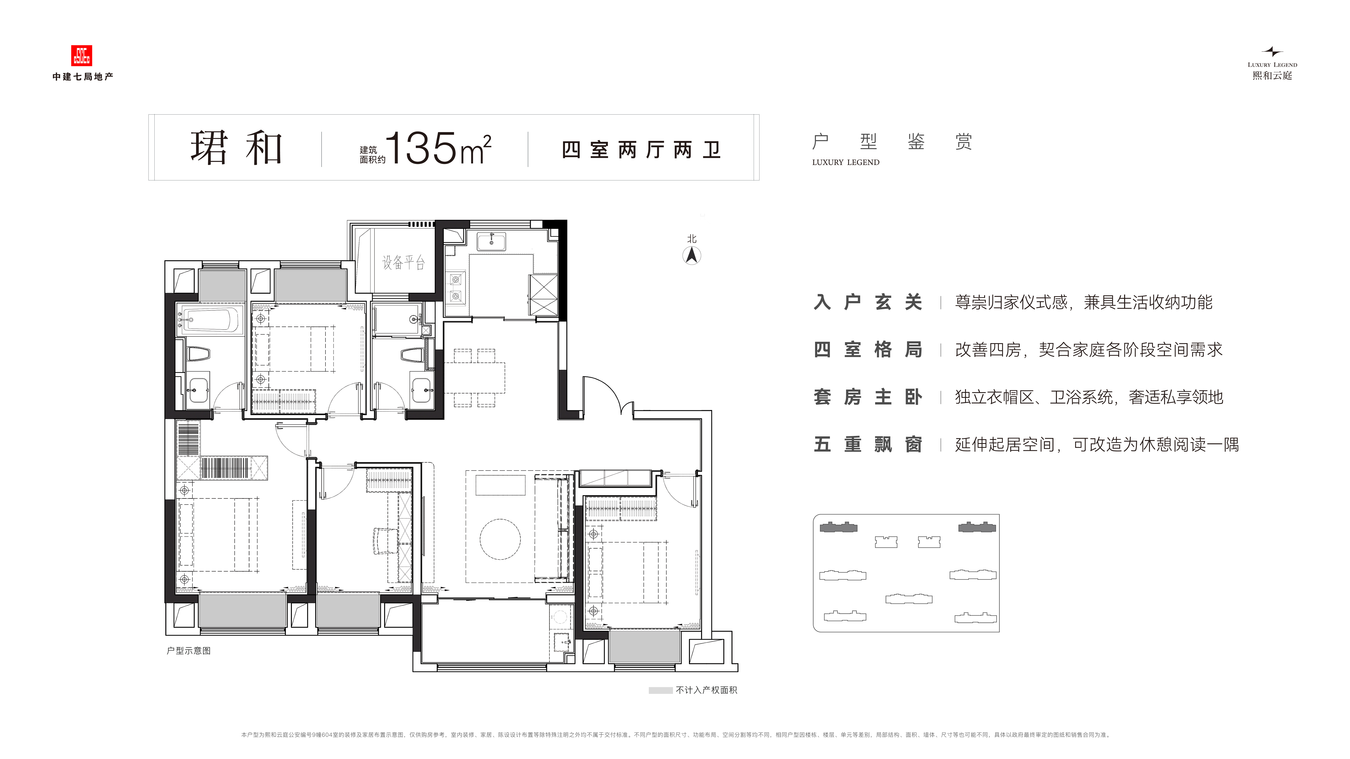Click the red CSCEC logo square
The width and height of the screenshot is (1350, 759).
(81, 55)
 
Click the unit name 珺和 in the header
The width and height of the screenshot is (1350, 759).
(237, 148)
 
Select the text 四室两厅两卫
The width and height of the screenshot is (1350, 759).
(641, 150)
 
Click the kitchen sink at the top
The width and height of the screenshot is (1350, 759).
(491, 243)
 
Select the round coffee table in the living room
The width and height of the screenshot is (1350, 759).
(500, 539)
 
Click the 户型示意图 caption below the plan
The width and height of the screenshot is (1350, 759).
(189, 651)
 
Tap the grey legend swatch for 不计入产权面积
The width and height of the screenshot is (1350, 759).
(660, 690)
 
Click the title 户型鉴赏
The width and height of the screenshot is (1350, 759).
(892, 142)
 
